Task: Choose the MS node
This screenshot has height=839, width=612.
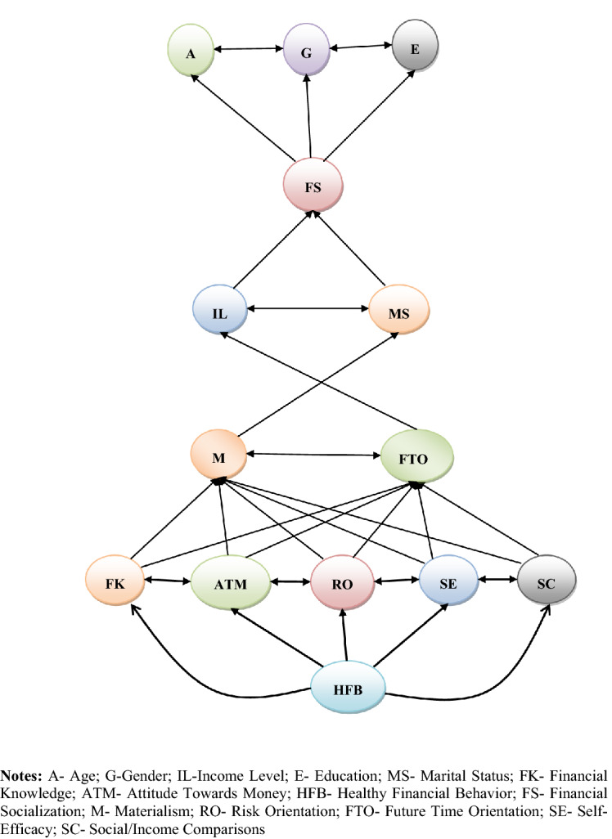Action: pyautogui.click(x=398, y=313)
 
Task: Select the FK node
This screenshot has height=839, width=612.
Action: pyautogui.click(x=115, y=583)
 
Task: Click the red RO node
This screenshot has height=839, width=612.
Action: pyautogui.click(x=342, y=584)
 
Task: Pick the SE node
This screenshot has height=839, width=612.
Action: pyautogui.click(x=448, y=583)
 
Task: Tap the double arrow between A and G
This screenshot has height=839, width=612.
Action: pyautogui.click(x=250, y=49)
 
